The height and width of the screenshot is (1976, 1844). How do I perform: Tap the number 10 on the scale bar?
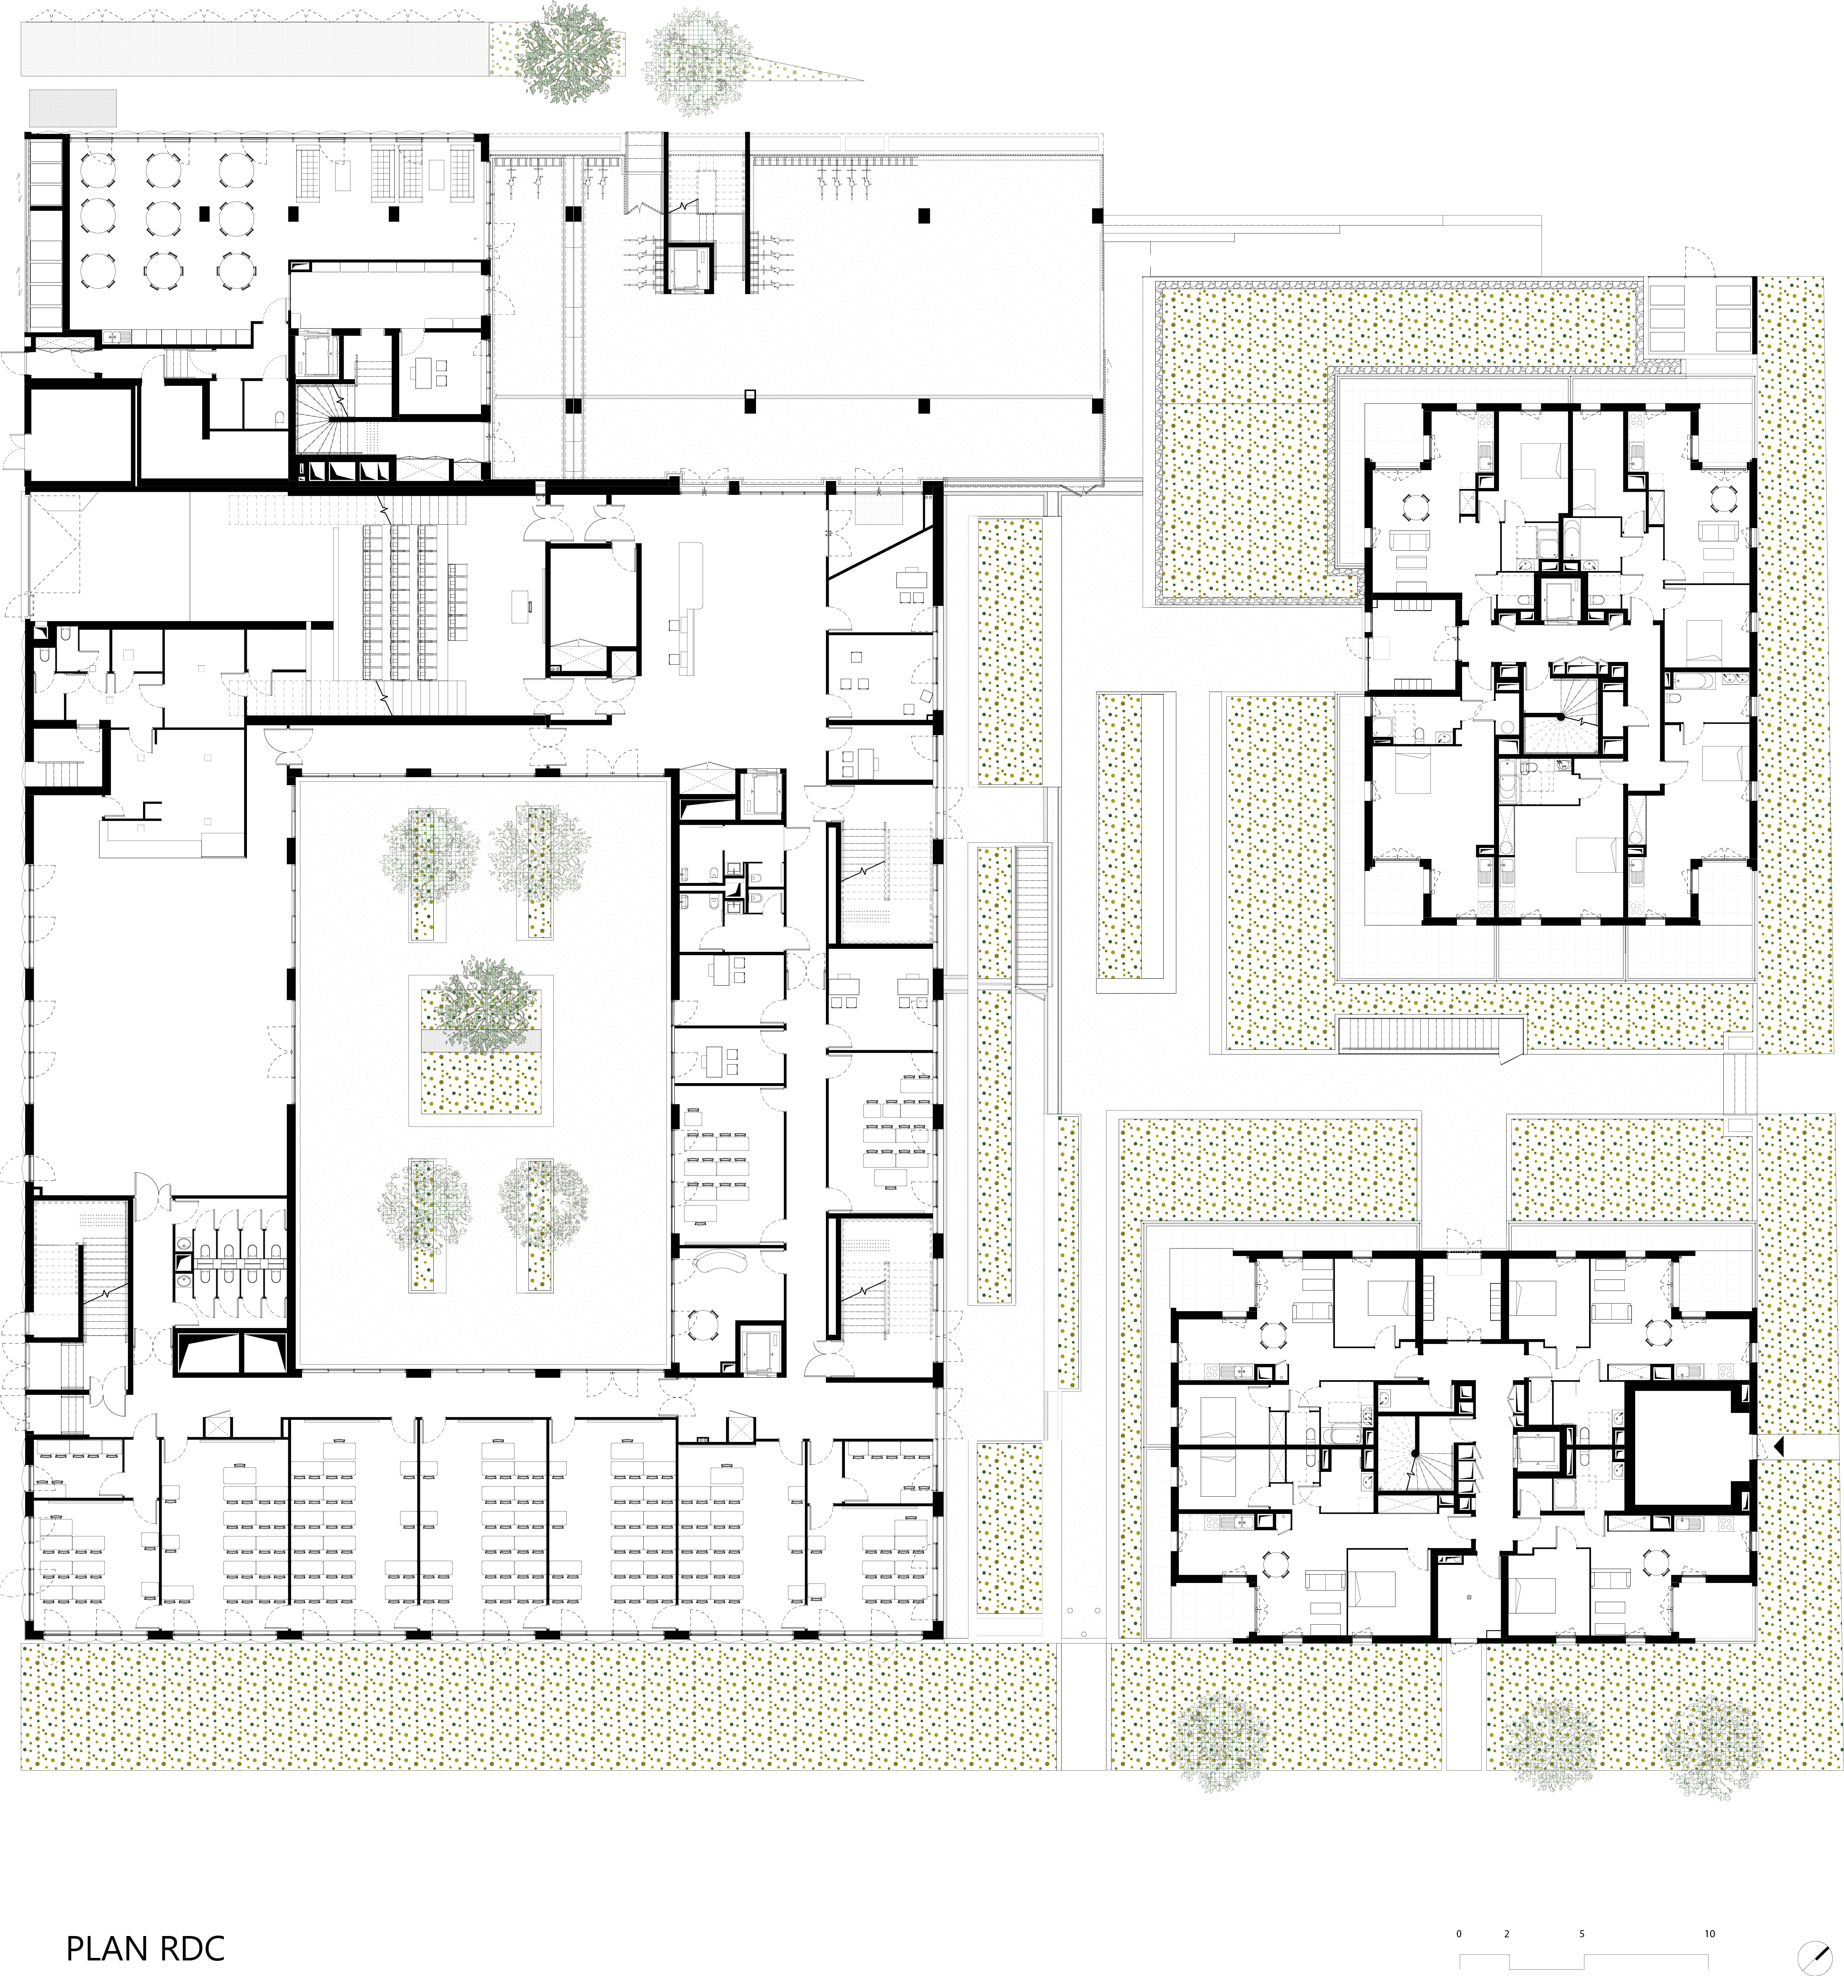coord(1710,1934)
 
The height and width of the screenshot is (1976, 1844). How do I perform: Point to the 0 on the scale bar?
coord(1458,1934)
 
